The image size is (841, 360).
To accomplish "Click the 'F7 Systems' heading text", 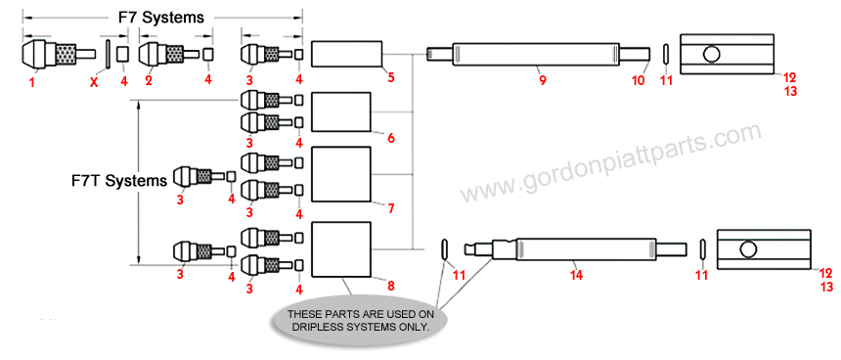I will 162,18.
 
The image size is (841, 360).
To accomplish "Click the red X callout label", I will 94,82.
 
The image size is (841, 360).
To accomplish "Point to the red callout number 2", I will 149,80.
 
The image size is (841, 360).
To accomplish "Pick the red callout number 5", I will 390,77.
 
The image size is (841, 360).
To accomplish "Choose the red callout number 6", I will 390,139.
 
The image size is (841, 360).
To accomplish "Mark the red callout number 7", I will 390,209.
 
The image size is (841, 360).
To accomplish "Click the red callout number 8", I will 390,286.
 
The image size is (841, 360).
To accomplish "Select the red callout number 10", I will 637,80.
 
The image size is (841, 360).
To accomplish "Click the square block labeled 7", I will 341,175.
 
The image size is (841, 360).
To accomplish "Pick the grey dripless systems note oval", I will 358,320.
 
